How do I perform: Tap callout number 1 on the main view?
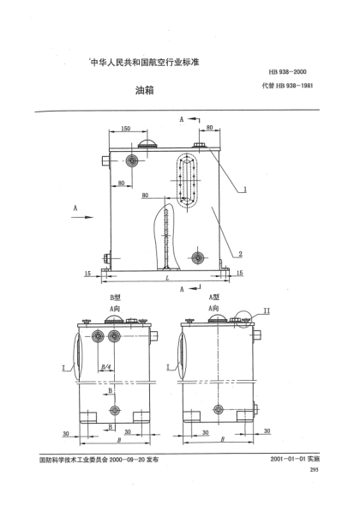[245, 186]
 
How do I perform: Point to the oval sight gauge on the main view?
[187, 181]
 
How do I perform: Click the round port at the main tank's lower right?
[198, 256]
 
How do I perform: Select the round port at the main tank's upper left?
[132, 162]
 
